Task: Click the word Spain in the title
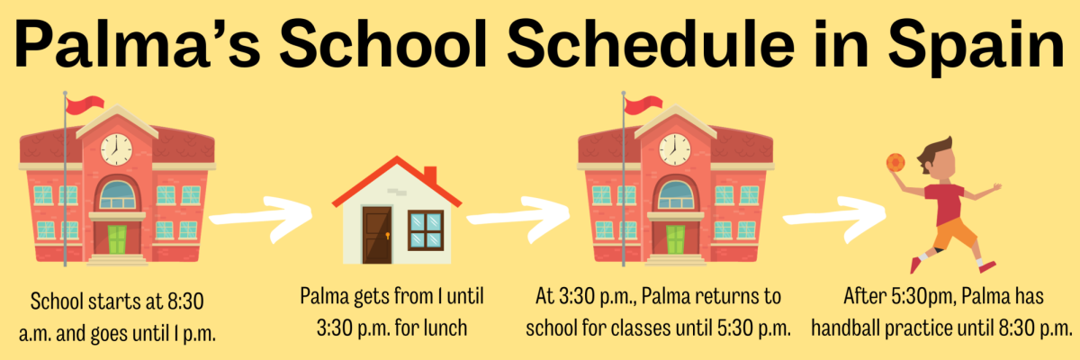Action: click(x=976, y=46)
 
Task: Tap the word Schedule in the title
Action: click(x=651, y=44)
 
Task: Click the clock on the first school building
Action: click(x=116, y=149)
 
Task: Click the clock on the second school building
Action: click(x=674, y=149)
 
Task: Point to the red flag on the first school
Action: click(x=85, y=104)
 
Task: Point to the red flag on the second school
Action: click(x=643, y=104)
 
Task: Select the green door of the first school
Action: click(x=117, y=239)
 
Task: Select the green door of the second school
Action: click(x=675, y=239)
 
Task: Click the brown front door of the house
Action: click(x=377, y=235)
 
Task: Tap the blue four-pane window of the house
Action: click(x=426, y=230)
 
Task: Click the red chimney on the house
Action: click(x=430, y=175)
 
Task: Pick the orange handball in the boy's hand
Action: click(x=895, y=162)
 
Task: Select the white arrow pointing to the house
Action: click(x=260, y=218)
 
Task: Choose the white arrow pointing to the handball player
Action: click(x=834, y=218)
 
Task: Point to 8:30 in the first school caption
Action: click(x=185, y=301)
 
